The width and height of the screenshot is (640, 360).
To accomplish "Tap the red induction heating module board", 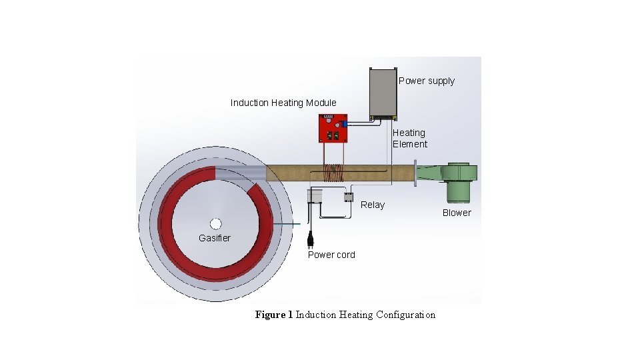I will tap(332, 129).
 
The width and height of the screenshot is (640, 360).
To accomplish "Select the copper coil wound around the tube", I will tap(332, 173).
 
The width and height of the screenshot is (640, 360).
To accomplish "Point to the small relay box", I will tap(348, 197).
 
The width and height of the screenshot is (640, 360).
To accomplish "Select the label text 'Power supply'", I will tap(427, 81).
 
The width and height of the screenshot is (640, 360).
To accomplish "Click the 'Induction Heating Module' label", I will tap(283, 103).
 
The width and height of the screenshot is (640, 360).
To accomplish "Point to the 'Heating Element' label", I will tap(409, 139).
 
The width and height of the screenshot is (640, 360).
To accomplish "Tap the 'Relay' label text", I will tap(372, 205).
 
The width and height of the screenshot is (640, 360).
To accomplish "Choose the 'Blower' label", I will tap(457, 213).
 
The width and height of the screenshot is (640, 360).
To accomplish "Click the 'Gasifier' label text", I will tap(215, 238).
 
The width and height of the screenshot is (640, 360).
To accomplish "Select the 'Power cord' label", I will tap(331, 255).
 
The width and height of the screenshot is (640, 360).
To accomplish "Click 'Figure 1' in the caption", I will tap(273, 315).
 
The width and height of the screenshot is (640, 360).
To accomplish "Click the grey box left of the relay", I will tap(315, 195).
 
